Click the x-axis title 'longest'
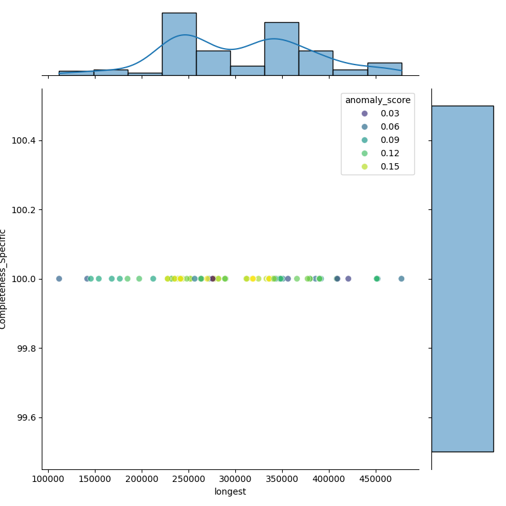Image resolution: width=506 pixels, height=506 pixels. pos(230,491)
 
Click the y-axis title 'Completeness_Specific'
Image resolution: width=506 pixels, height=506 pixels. pos(4,279)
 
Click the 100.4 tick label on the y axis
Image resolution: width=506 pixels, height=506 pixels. pos(24,140)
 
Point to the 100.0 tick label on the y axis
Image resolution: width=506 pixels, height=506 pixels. pos(24,279)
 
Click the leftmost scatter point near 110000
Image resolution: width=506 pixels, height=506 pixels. pos(59,279)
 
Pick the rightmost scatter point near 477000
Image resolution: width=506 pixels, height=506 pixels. pos(401,279)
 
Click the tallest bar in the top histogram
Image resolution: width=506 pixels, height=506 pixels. pos(179,44)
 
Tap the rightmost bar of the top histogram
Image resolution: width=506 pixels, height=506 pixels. pos(385,69)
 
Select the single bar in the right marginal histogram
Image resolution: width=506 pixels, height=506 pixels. pos(462,278)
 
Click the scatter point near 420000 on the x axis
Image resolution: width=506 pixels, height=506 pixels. pos(348,279)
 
